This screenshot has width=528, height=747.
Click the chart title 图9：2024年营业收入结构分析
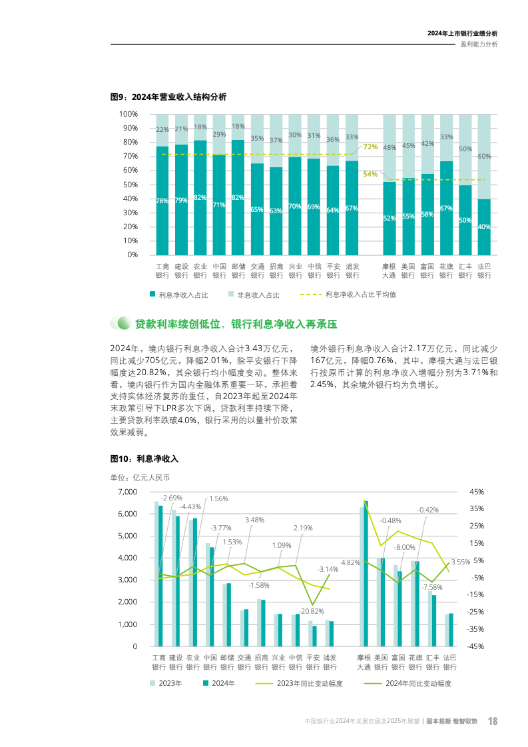point(168,97)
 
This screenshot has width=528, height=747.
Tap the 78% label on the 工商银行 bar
point(162,201)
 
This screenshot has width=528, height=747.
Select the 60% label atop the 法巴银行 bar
point(485,157)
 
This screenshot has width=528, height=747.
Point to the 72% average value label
point(370,147)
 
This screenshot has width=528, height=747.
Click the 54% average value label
point(370,175)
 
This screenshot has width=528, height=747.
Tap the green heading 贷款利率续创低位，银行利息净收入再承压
point(236,324)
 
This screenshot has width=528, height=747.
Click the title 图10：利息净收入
point(144,459)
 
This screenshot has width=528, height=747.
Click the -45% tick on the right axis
point(477,646)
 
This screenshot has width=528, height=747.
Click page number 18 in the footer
point(493,721)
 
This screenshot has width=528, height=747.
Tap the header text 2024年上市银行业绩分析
point(462,33)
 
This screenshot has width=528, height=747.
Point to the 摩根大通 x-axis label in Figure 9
point(389,271)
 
